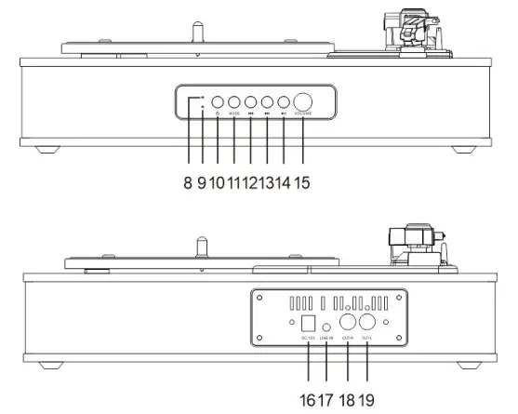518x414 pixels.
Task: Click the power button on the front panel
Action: (218, 103)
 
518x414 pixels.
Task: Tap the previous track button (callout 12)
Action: (251, 103)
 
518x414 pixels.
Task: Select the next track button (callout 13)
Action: (268, 103)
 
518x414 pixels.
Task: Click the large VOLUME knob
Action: (304, 103)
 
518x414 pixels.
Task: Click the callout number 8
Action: (187, 182)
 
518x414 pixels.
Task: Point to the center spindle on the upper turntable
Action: (197, 32)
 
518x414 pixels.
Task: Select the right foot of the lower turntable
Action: (461, 365)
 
